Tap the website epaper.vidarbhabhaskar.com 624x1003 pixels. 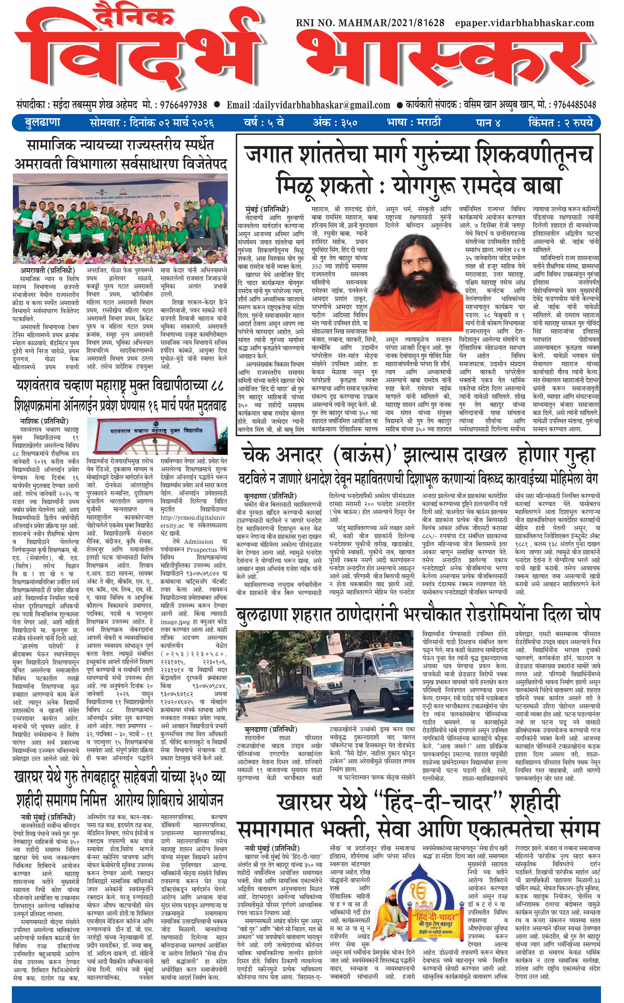click(x=525, y=23)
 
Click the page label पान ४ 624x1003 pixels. click(x=488, y=122)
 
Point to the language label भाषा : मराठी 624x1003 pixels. click(x=414, y=122)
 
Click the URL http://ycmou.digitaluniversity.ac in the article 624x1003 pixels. click(x=193, y=521)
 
